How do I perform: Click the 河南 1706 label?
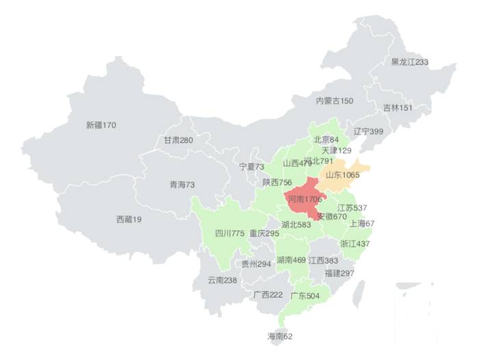tap(305, 199)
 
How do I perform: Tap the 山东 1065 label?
tap(341, 175)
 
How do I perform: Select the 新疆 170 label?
tap(101, 125)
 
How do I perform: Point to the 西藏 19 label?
tap(129, 220)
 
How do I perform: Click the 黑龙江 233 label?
tap(409, 62)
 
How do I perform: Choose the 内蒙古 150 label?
tap(335, 101)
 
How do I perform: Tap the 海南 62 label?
tap(279, 336)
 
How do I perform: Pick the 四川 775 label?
tap(230, 233)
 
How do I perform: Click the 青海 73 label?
tap(182, 185)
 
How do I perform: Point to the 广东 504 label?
tap(305, 296)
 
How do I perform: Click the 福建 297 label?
tap(339, 273)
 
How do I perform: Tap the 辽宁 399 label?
tap(368, 131)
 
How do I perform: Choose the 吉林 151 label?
tap(397, 107)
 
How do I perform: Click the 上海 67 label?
tap(362, 223)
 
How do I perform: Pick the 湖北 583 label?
tap(296, 224)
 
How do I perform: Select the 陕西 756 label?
tap(277, 183)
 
